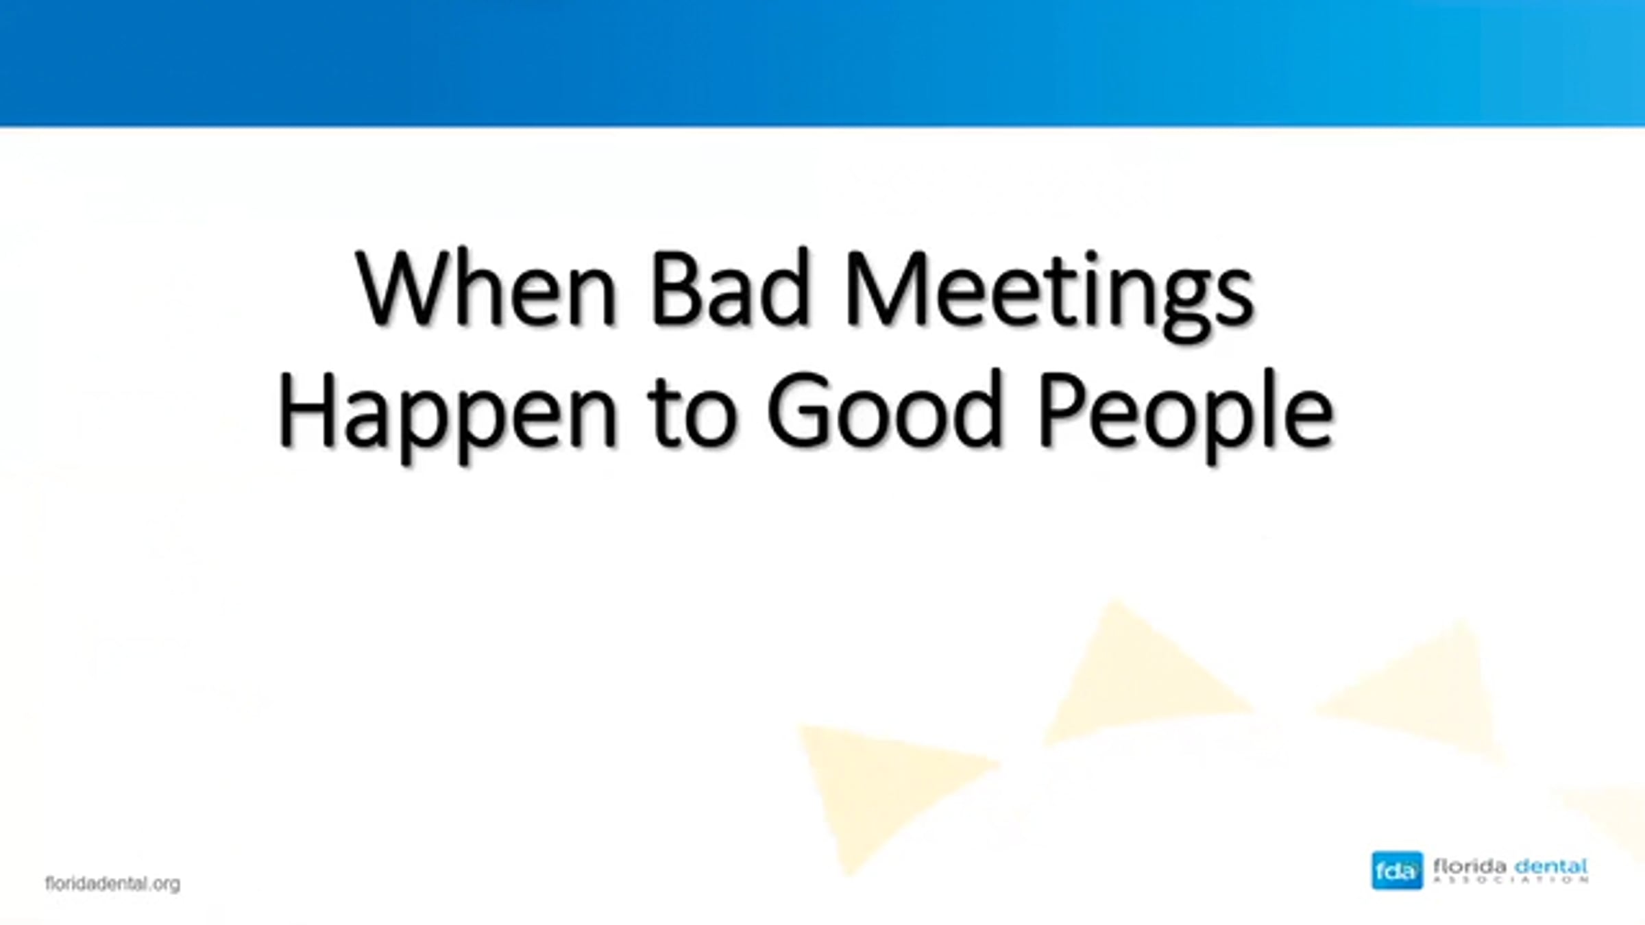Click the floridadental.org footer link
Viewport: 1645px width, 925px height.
[x=113, y=884]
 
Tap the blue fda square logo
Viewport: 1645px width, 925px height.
[x=1397, y=871]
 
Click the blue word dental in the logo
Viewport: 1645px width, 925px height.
[x=1550, y=866]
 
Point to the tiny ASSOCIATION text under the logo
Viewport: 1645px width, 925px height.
[x=1511, y=880]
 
